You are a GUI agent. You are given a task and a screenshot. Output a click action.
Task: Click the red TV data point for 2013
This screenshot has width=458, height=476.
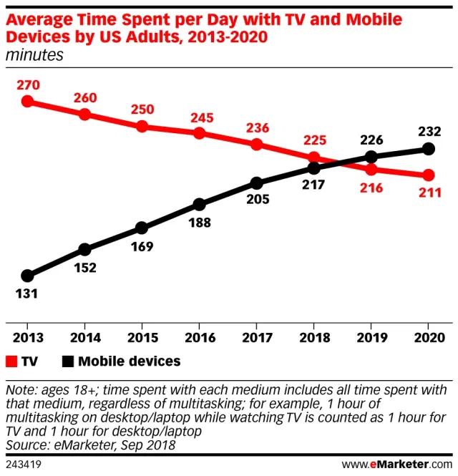[28, 101]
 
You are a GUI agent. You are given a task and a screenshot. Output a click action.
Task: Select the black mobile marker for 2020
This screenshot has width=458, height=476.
[429, 149]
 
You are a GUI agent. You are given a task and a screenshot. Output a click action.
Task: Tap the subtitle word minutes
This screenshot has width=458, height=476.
[34, 54]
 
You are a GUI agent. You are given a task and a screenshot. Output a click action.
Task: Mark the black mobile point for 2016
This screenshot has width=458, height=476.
[200, 205]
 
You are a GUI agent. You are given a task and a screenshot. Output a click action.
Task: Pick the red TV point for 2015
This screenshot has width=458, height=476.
[142, 127]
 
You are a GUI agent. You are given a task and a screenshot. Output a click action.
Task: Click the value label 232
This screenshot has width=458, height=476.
[429, 130]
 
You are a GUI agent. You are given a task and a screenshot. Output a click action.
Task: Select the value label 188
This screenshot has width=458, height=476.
[200, 223]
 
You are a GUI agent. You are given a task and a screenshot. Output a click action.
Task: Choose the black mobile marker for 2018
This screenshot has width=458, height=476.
[314, 168]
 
